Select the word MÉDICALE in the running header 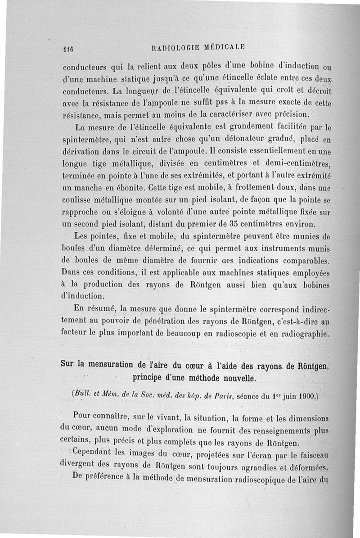pyautogui.click(x=225, y=47)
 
